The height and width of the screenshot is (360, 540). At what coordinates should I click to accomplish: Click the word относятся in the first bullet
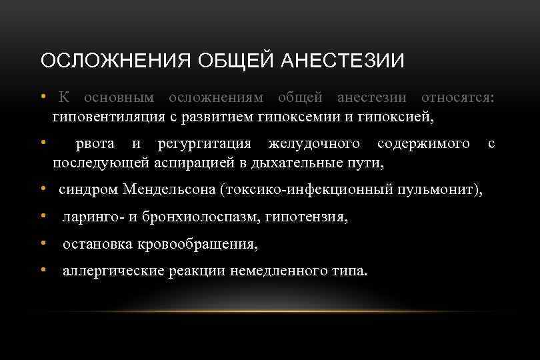458,98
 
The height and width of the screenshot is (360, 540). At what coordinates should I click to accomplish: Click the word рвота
95,143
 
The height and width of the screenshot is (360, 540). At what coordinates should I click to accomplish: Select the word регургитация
204,143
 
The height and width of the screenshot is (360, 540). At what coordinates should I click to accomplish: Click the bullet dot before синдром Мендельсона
42,189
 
